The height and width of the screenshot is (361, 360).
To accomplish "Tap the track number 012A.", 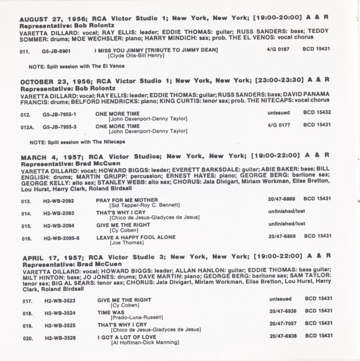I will [x=27, y=126].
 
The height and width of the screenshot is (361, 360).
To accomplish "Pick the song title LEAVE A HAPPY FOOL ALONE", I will [x=136, y=237].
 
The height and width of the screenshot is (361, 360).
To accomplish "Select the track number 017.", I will [x=27, y=300].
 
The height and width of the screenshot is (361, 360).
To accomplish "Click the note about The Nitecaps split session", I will [x=77, y=142].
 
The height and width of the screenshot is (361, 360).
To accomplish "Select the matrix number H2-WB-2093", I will [x=57, y=212].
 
